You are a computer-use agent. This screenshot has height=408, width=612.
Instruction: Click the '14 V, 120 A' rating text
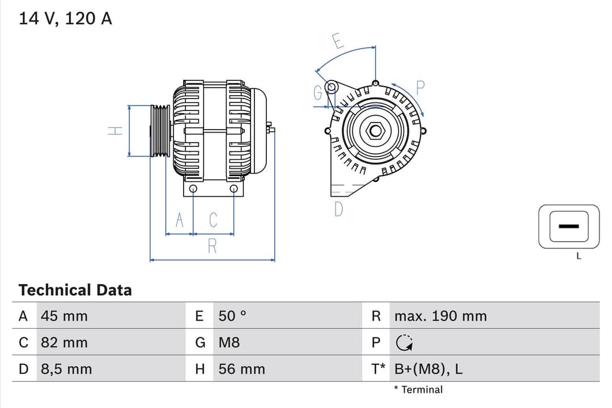(x=66, y=19)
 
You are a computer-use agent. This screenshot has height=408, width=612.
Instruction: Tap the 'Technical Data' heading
(x=75, y=290)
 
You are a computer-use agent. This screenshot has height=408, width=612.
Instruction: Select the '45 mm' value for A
(x=64, y=316)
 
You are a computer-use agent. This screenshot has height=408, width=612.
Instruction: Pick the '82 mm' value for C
(x=64, y=343)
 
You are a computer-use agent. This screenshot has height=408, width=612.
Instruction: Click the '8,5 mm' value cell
(x=66, y=369)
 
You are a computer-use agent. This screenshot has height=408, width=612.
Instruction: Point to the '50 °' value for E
(x=232, y=316)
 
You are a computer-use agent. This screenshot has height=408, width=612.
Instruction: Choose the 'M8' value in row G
(x=229, y=343)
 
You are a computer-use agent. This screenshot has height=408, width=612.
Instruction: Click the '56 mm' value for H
(x=241, y=369)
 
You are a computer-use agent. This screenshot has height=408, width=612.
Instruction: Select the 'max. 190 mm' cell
(x=440, y=316)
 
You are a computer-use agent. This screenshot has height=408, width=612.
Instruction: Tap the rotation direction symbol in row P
(x=404, y=343)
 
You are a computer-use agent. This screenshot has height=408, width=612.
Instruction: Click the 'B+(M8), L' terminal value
(x=428, y=369)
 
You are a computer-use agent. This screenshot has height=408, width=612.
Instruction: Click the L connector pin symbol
(x=568, y=227)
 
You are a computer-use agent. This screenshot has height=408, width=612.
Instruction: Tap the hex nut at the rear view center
(x=375, y=131)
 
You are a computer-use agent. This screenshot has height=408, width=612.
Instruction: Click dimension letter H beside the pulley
(x=116, y=131)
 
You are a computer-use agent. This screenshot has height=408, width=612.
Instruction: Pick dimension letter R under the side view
(x=212, y=246)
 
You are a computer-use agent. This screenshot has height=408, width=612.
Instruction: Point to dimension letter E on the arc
(x=338, y=41)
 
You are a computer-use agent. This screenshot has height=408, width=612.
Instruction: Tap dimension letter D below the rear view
(x=338, y=210)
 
